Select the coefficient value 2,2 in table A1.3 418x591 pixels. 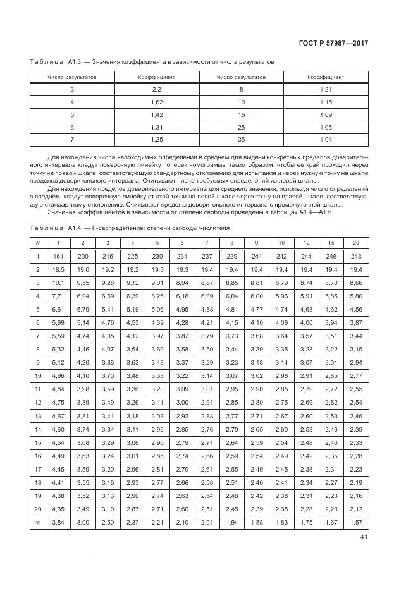(157, 89)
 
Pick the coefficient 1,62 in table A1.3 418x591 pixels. (157, 102)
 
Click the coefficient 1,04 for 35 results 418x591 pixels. (326, 139)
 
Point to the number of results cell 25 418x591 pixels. (241, 126)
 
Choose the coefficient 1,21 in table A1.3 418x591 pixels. (326, 89)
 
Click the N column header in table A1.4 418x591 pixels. (38, 243)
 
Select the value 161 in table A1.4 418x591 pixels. (59, 256)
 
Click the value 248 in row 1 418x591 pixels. (355, 256)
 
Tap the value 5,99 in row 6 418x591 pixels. (59, 322)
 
